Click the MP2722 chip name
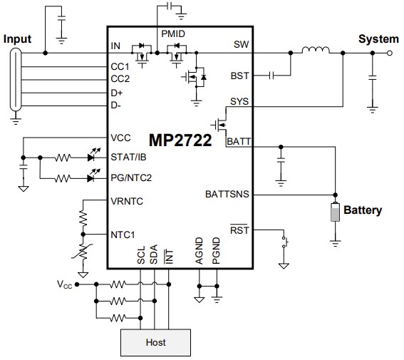click(x=180, y=140)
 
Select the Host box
click(x=155, y=342)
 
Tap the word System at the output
click(x=378, y=38)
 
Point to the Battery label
click(x=363, y=210)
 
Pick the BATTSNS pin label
click(x=227, y=194)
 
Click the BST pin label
click(x=240, y=74)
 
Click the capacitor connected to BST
click(x=271, y=74)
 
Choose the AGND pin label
click(x=199, y=252)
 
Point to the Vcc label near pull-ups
click(x=64, y=284)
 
